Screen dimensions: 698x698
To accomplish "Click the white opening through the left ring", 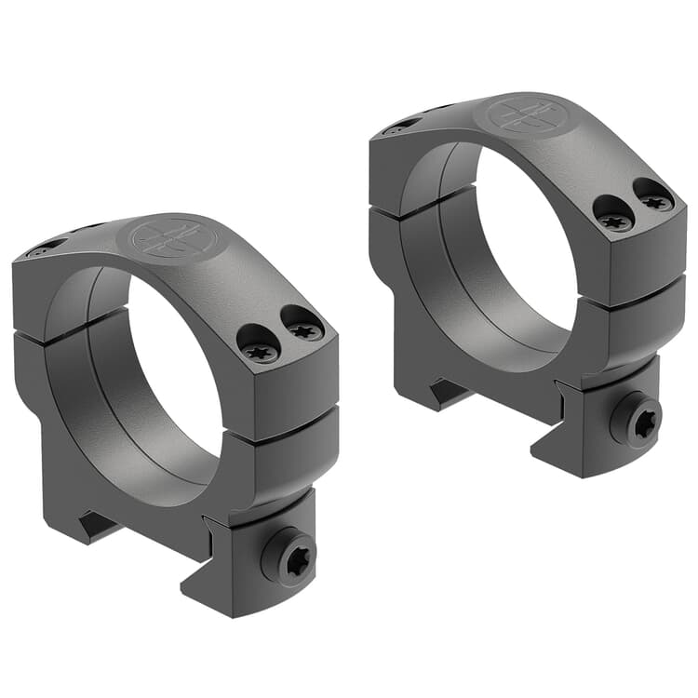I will click(x=177, y=372).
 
